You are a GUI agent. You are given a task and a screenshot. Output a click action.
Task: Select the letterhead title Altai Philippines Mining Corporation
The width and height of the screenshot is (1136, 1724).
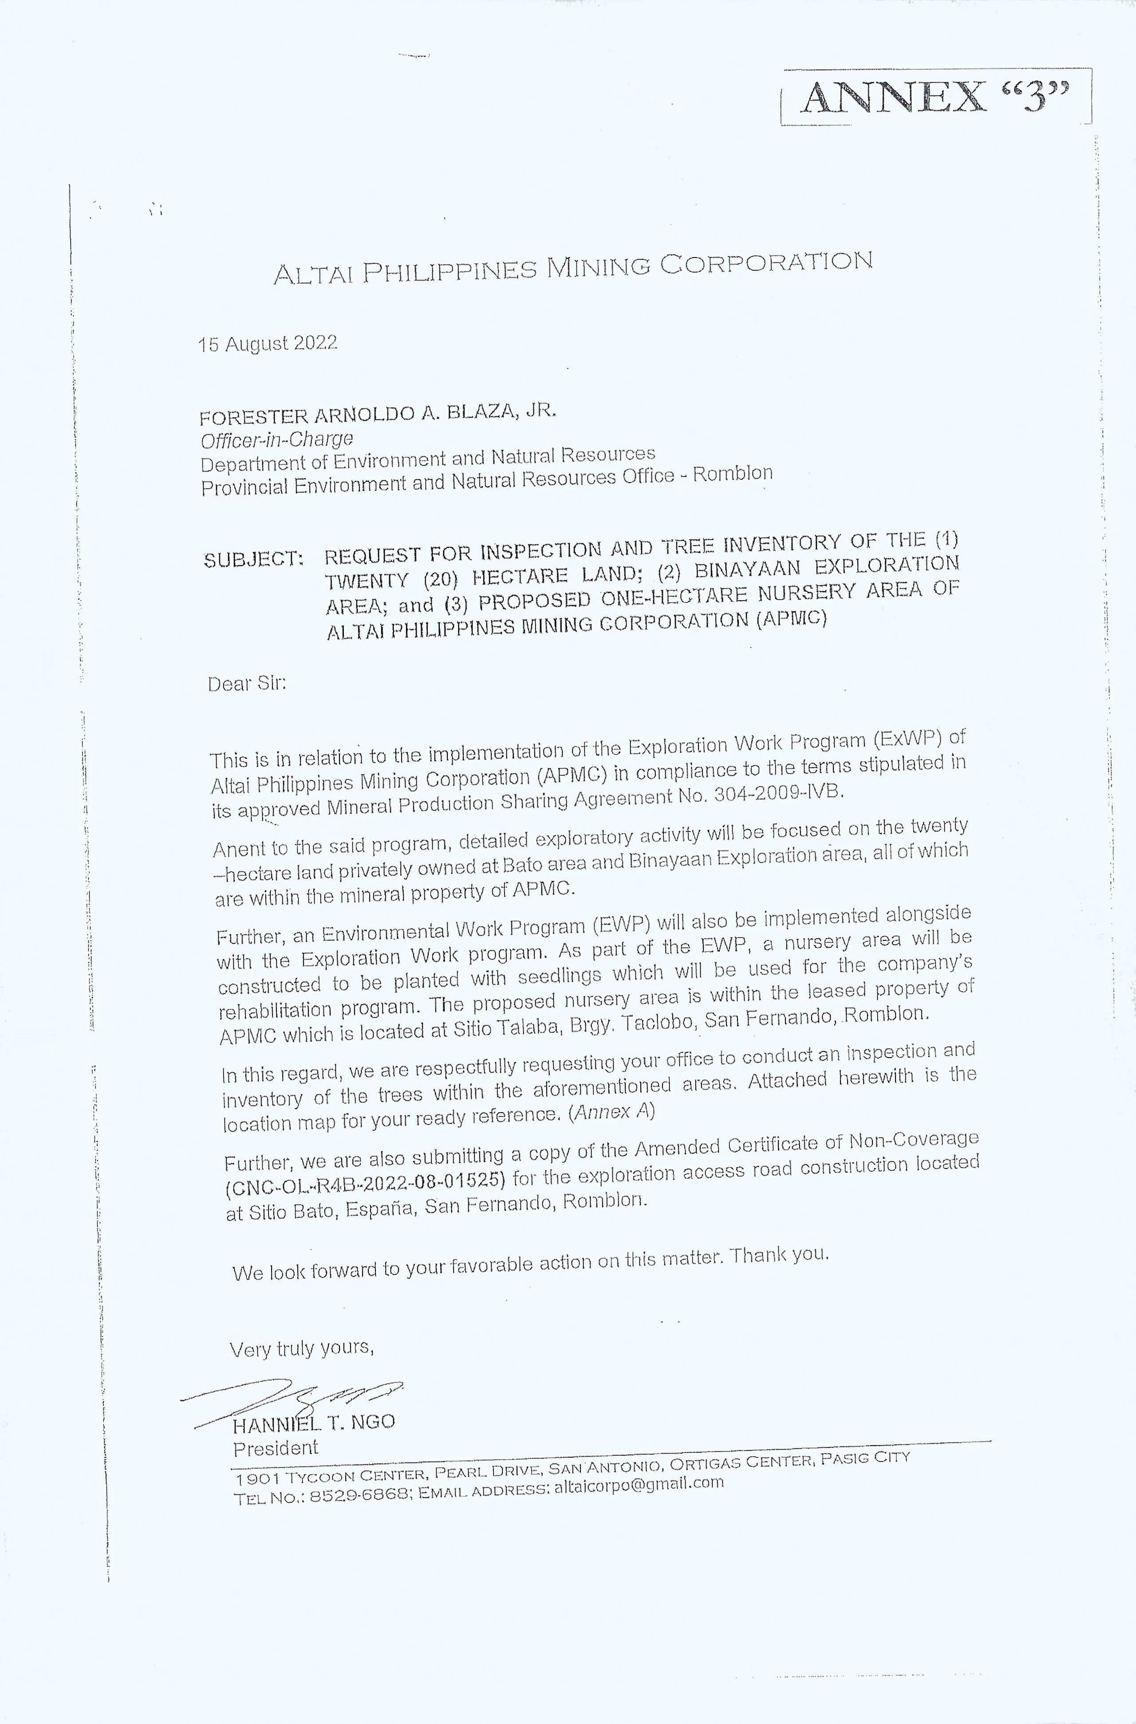(572, 268)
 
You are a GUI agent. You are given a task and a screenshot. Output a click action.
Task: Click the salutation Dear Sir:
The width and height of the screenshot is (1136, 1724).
(246, 683)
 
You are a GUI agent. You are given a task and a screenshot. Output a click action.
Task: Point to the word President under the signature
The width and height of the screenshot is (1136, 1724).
(275, 1448)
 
